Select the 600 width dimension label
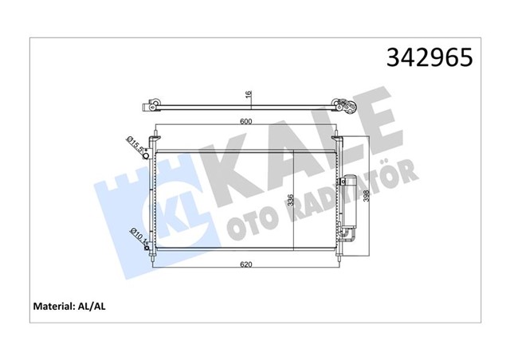(249, 122)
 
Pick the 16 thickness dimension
(249, 95)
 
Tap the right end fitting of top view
(343, 105)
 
